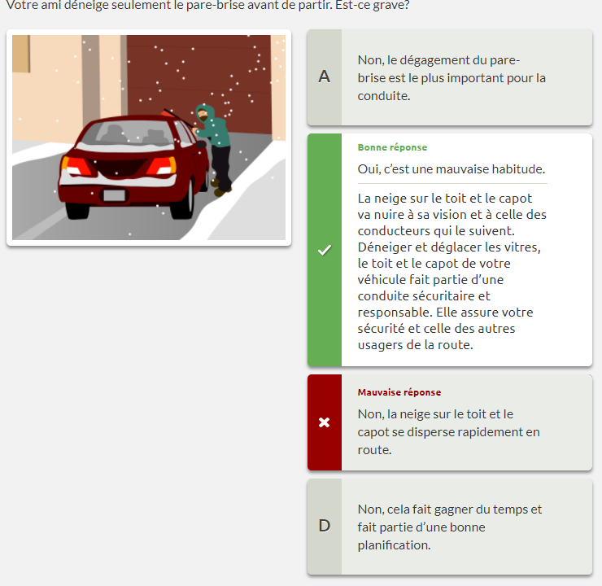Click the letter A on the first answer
click(325, 77)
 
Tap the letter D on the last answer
click(325, 526)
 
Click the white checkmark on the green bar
click(325, 250)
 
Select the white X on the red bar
click(325, 422)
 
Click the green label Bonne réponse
click(392, 147)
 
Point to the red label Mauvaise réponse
click(399, 392)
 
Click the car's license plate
click(115, 195)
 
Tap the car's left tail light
click(76, 166)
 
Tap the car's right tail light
click(162, 165)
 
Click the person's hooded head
click(203, 113)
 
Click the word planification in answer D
click(395, 545)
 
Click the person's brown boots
click(220, 187)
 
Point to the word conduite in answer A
click(384, 96)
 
